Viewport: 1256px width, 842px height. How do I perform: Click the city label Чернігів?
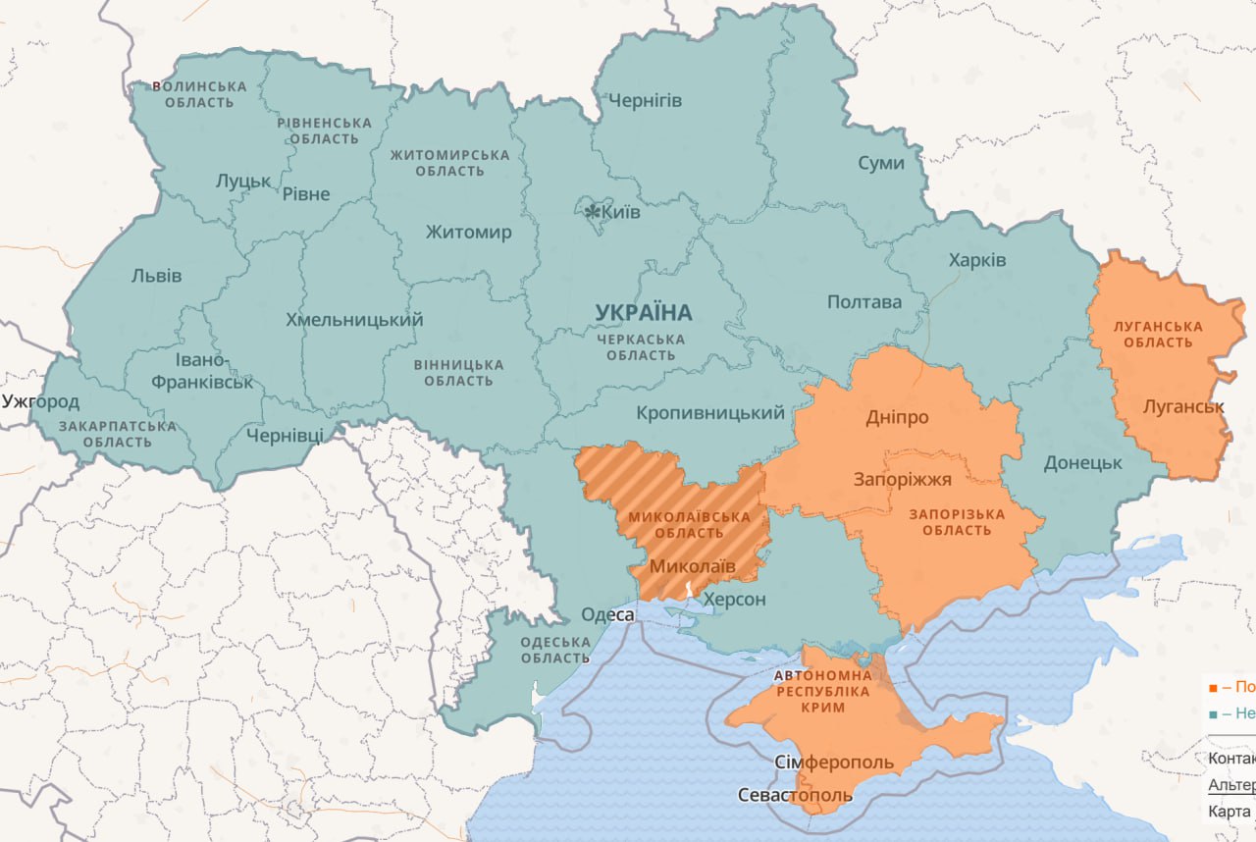tap(645, 100)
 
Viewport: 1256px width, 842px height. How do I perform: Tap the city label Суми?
tap(880, 163)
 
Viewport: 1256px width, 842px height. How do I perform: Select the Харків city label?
tap(976, 260)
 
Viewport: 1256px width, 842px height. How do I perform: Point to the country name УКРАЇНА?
tap(643, 312)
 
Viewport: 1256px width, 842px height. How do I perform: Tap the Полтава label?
tap(863, 301)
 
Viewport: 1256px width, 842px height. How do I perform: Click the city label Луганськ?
tap(1183, 405)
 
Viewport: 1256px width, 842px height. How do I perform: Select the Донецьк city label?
tap(1082, 461)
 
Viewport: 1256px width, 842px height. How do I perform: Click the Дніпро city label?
tap(897, 417)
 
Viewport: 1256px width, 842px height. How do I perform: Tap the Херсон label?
tap(734, 599)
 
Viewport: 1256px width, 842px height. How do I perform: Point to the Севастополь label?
tap(795, 794)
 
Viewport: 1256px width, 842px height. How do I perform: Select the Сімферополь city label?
tap(834, 763)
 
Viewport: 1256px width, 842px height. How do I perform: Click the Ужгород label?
tap(40, 400)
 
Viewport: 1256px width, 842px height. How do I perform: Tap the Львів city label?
tap(156, 275)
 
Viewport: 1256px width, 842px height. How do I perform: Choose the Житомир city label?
tap(468, 232)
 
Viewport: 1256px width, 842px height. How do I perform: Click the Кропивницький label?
tap(710, 413)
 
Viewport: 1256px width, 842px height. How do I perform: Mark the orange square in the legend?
tap(1214, 687)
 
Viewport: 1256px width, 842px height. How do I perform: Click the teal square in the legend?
tap(1214, 713)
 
